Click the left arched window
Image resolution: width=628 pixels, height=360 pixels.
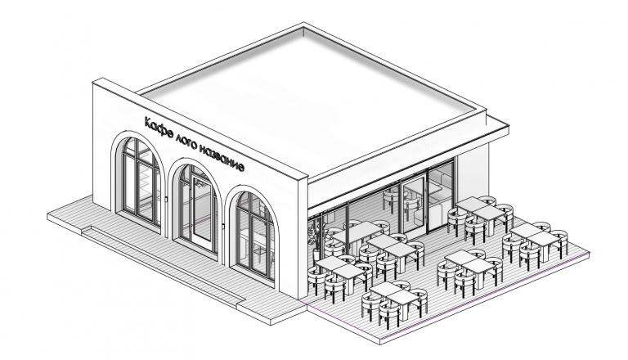(139, 180)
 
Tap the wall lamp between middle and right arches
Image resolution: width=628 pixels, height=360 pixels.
(223, 227)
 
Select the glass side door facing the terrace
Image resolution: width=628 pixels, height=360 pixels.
(413, 204)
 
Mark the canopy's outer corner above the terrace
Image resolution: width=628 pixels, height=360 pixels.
(508, 126)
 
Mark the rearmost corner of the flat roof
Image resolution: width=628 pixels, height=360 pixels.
(303, 24)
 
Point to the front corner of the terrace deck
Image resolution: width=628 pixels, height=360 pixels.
(380, 344)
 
